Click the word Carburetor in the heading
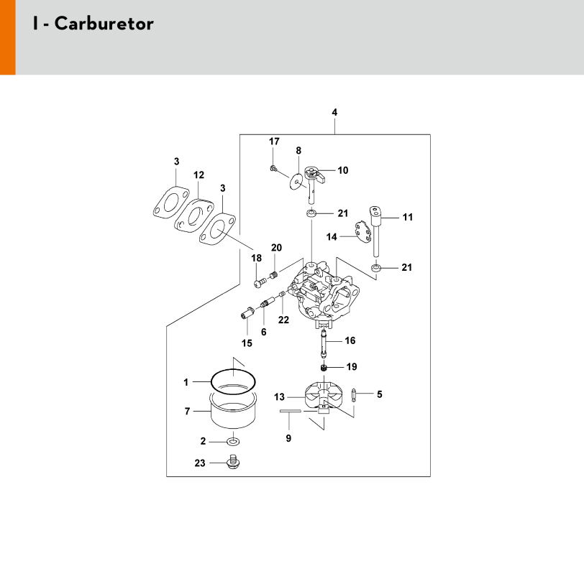104,24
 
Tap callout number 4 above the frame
334,112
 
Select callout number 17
274,141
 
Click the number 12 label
199,175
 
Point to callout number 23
199,463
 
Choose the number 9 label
288,438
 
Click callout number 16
350,340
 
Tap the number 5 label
379,394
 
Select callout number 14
332,236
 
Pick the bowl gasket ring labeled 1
234,381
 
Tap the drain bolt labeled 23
232,463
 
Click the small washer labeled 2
233,440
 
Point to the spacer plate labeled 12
194,213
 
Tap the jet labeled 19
324,368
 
